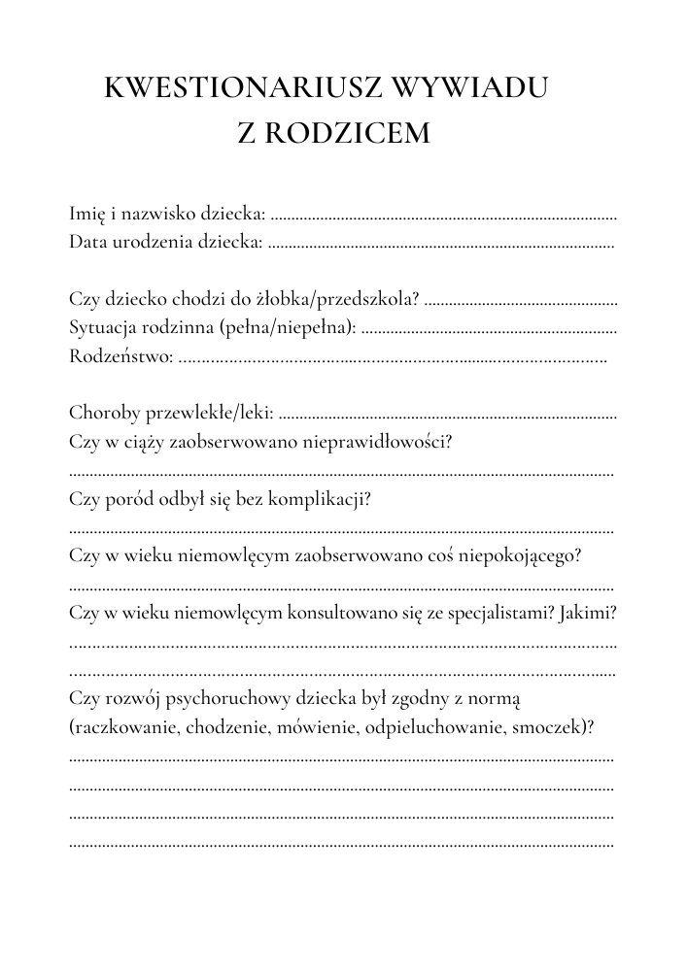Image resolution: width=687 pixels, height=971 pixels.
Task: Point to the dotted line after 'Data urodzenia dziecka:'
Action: [x=440, y=245]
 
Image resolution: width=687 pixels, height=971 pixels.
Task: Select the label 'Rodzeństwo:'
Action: [x=122, y=356]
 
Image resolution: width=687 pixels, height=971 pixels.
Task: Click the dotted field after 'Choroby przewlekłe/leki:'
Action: [x=448, y=416]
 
